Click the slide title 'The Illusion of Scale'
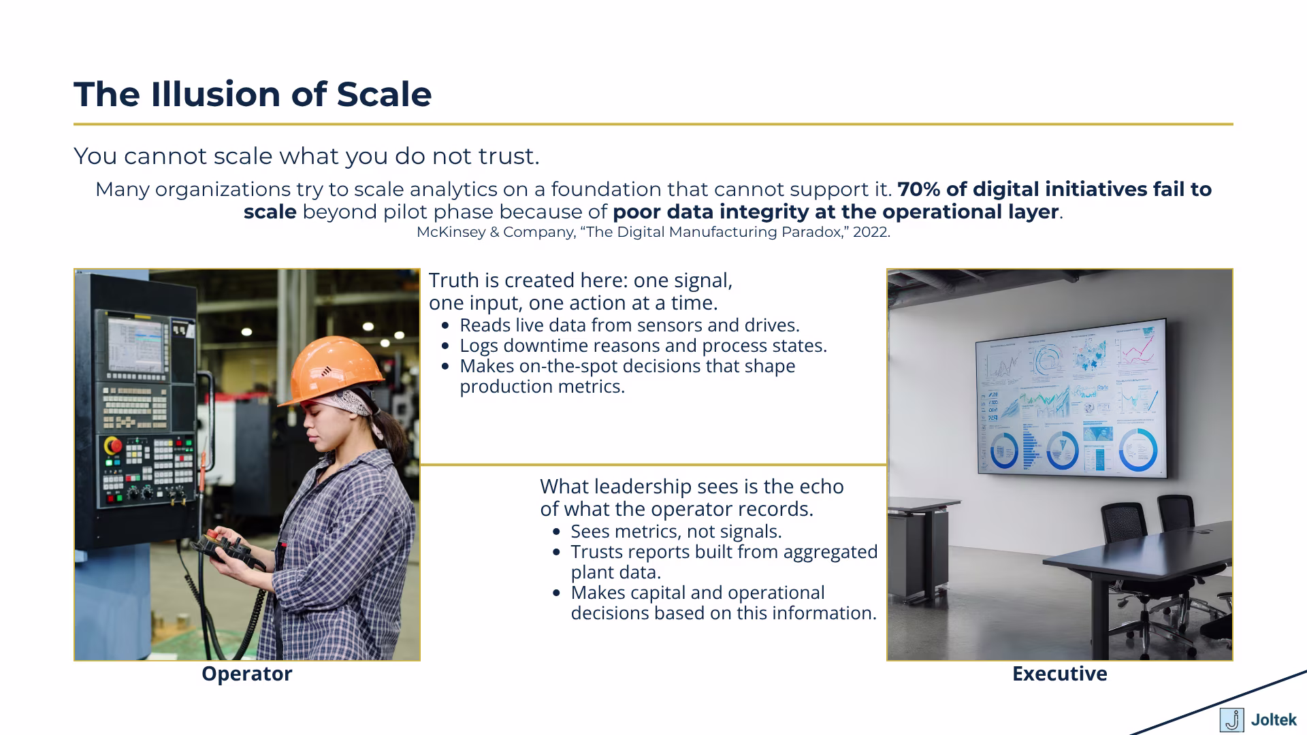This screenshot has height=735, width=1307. coord(253,94)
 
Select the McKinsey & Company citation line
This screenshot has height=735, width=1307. coord(653,232)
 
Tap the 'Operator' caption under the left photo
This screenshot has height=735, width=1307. coord(246,674)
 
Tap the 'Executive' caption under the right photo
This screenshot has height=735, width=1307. coord(1059,674)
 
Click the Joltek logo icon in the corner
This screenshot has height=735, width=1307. coord(1231,719)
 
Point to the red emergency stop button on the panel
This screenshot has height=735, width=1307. coord(113,446)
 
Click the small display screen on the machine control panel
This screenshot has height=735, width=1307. coord(135,344)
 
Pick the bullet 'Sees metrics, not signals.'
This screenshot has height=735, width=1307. coord(676,532)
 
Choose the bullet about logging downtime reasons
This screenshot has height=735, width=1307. coord(643,346)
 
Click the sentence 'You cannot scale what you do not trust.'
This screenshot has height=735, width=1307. coord(306,156)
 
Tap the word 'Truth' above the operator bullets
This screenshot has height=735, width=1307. coord(453,280)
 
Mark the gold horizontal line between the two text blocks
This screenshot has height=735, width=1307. coord(653,465)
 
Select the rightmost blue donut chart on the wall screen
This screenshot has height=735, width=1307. coord(1137,449)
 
